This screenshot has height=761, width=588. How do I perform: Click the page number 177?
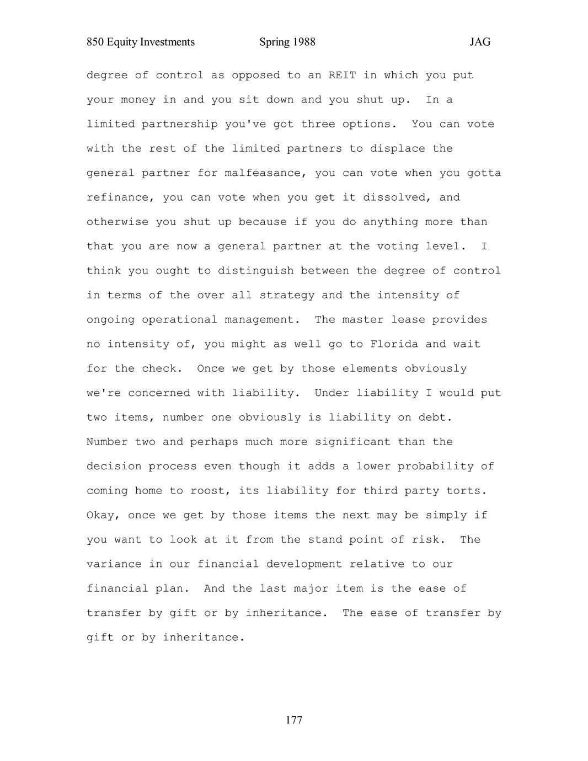click(294, 720)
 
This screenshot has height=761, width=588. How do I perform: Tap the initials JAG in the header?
click(480, 42)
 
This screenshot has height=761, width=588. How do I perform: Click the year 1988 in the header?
click(303, 42)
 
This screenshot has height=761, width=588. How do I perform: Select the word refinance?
click(117, 197)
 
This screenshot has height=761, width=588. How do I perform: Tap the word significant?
click(352, 442)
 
